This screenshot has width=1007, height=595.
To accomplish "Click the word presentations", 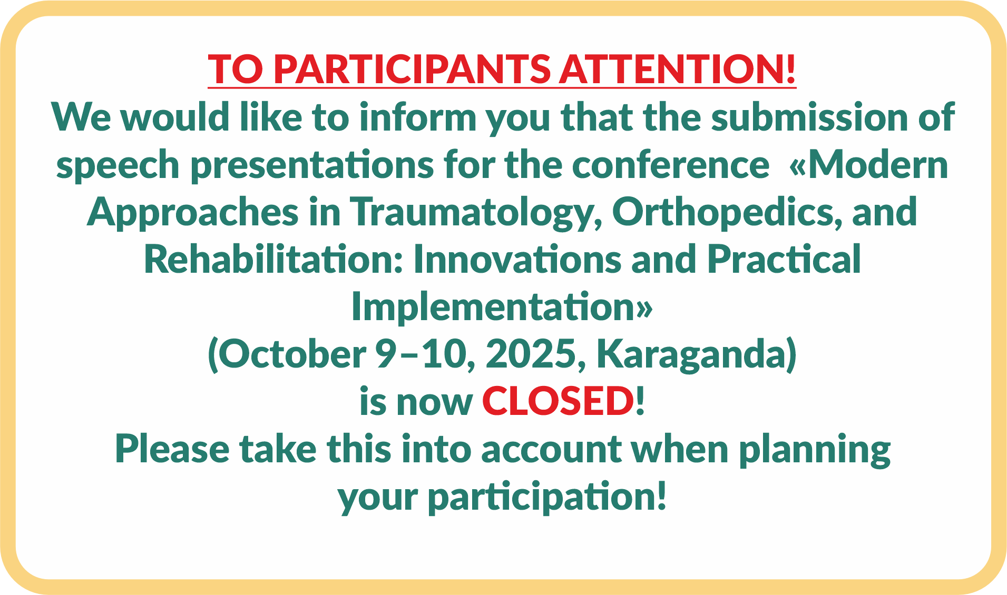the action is coord(312,164).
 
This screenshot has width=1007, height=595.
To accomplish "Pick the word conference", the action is coord(671,164).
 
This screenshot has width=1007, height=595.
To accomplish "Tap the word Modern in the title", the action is coord(878,164).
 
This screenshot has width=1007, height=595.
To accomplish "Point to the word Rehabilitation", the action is coord(274,259).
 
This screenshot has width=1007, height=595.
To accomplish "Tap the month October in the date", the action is coord(292,354).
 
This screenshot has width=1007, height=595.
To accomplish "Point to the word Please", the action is coord(172,449).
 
